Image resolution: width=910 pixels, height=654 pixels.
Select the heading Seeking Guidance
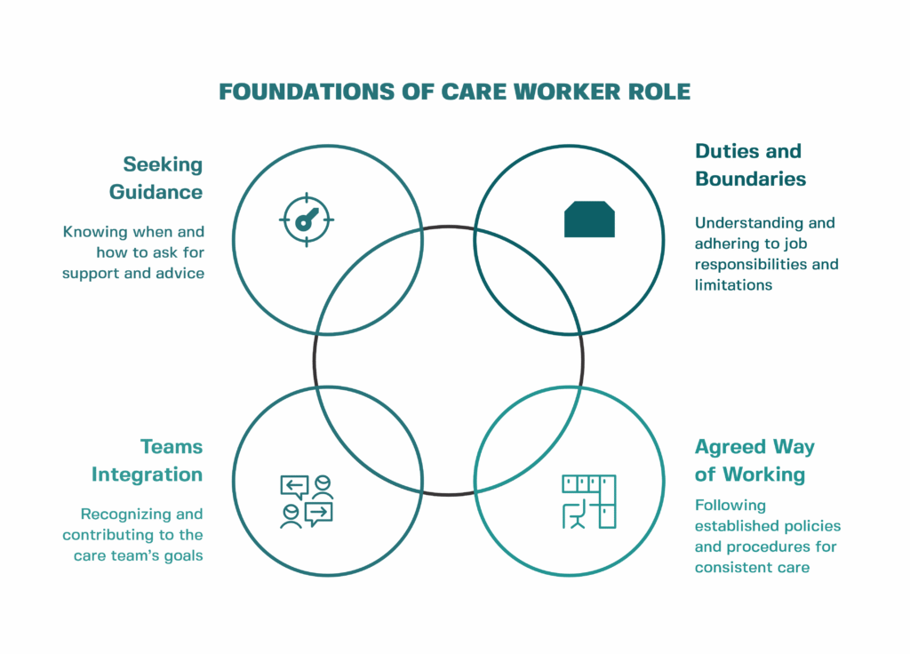click(156, 178)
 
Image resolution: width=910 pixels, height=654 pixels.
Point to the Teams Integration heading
click(147, 460)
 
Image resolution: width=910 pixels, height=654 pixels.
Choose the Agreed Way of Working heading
click(754, 460)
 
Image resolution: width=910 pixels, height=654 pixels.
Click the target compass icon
click(306, 218)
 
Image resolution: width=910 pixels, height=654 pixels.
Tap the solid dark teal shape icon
click(589, 219)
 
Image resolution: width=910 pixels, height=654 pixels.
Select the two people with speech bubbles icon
click(306, 501)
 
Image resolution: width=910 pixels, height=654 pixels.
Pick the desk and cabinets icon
click(589, 501)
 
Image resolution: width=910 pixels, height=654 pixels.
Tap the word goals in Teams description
click(182, 556)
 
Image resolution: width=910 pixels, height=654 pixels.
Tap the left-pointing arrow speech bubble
click(294, 485)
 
